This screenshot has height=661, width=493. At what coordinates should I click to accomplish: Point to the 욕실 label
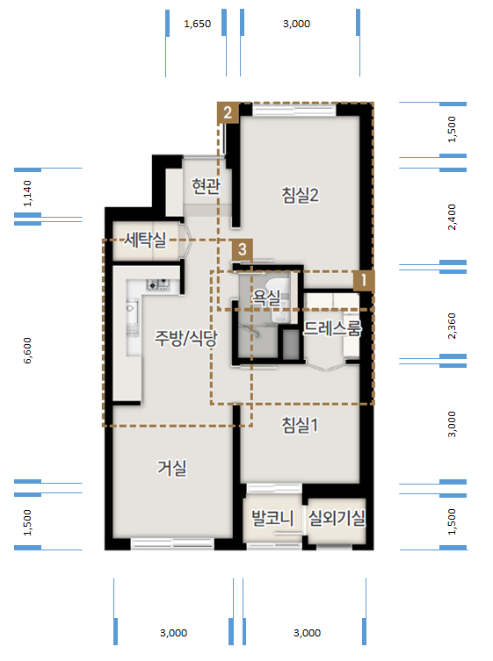tap(265, 298)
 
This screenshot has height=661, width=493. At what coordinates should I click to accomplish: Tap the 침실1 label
tap(300, 425)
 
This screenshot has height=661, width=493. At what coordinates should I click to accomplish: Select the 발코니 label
tap(272, 518)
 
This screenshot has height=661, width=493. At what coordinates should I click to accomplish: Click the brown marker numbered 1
tap(362, 280)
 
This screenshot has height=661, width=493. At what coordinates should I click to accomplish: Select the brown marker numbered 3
tap(241, 249)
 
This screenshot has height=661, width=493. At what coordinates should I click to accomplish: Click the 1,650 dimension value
tap(197, 25)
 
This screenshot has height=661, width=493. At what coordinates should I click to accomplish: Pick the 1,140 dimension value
tap(27, 194)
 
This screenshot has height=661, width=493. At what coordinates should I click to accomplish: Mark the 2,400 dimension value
tap(452, 217)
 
